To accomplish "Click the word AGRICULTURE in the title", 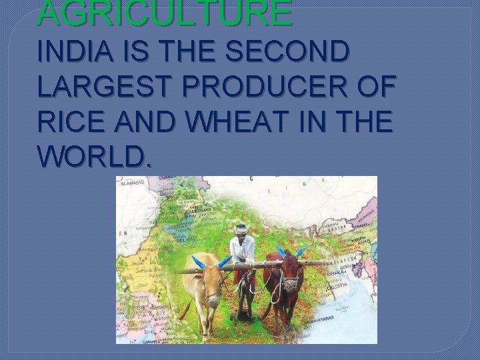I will coord(165,13).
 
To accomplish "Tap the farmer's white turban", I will coord(241,229).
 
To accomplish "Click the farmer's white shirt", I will coord(241,249).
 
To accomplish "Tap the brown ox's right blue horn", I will coord(301,251).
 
